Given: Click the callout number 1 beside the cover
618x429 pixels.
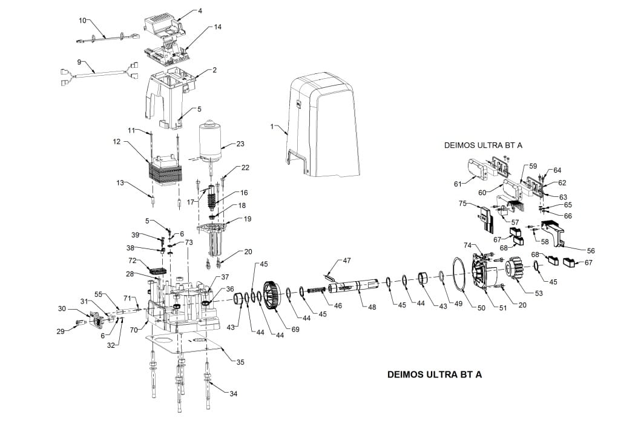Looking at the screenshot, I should (273, 126).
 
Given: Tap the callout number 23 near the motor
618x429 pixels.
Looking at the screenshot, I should (240, 144).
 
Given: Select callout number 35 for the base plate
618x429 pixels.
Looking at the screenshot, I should (240, 362).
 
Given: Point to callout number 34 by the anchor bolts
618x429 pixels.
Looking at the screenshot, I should (234, 393).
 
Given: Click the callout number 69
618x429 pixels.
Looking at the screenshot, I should (296, 329).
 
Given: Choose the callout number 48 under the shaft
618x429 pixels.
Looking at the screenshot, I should (372, 307).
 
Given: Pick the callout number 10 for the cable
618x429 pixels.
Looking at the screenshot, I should (83, 20).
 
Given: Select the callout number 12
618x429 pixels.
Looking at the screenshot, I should (116, 142).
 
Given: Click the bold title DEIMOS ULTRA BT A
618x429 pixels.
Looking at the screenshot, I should (434, 374).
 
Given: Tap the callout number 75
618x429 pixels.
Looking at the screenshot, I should (463, 204).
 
